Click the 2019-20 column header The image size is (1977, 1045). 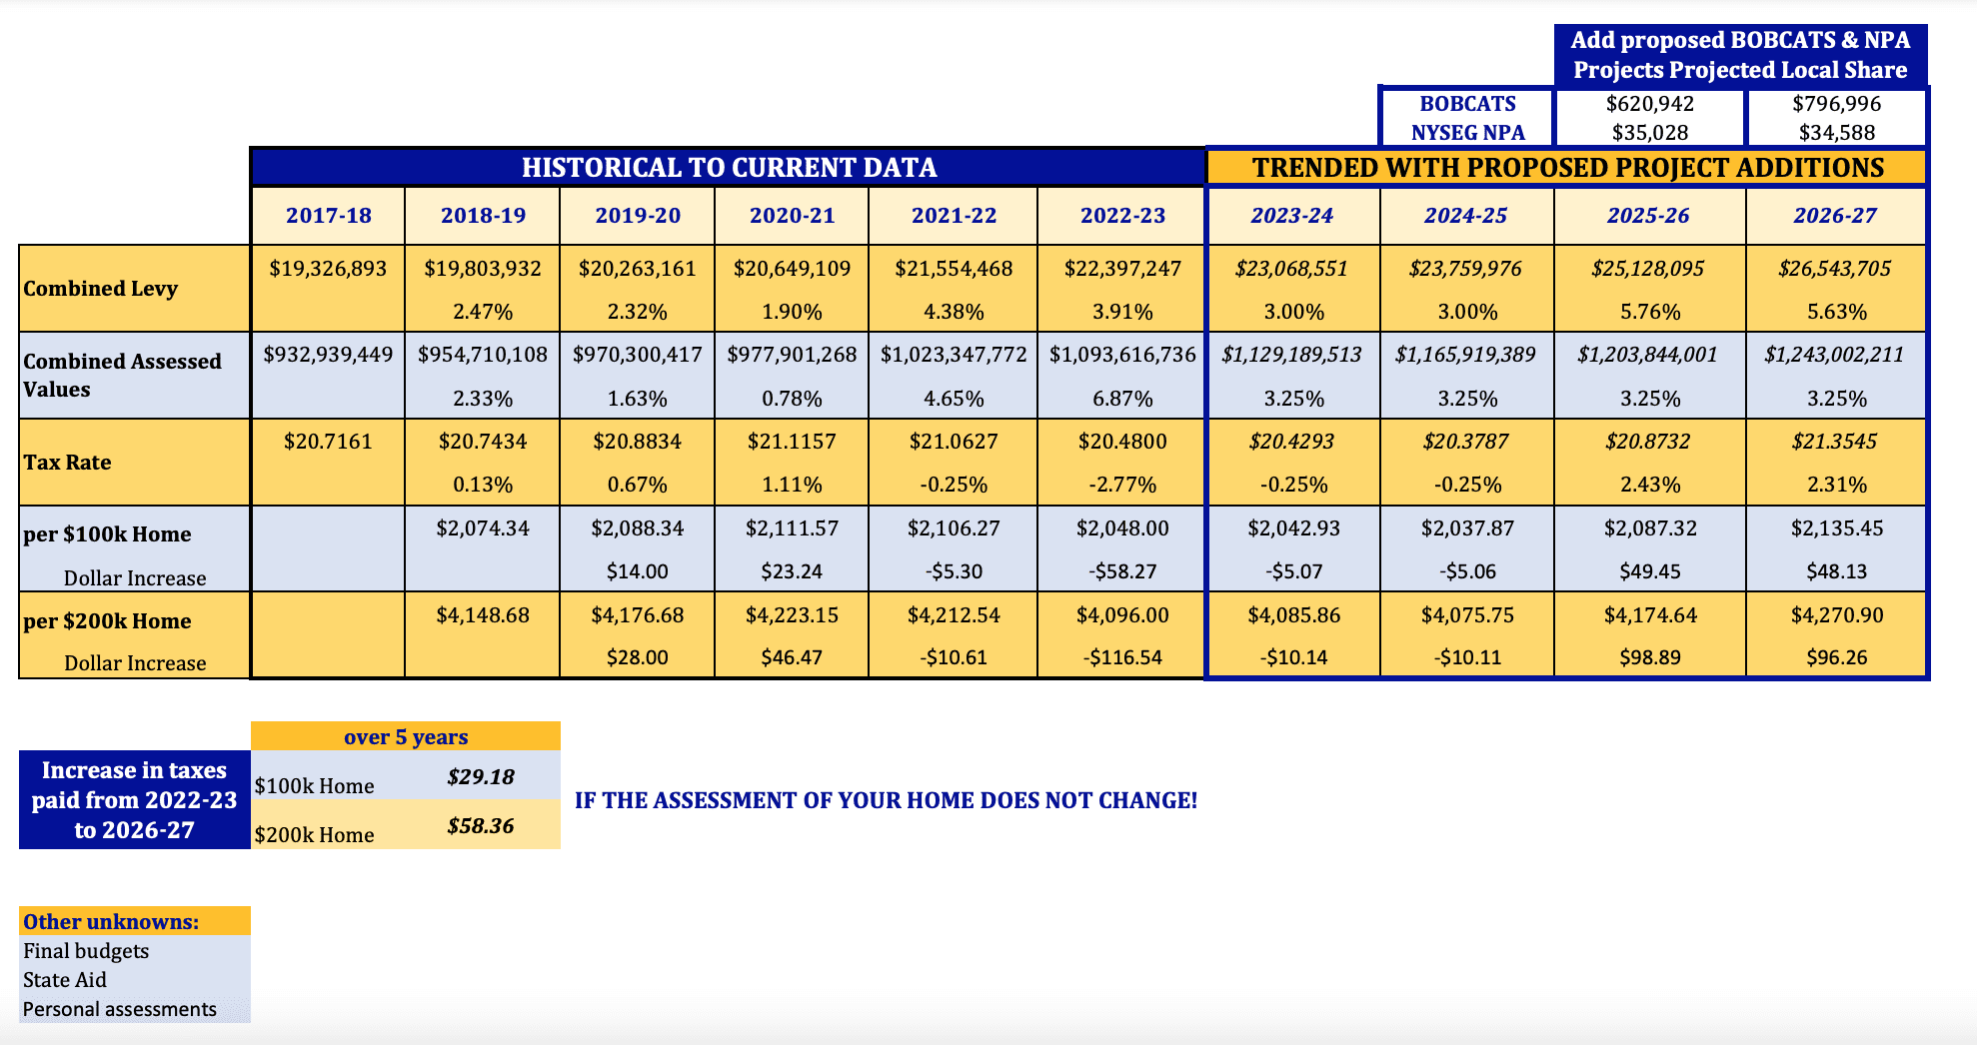[638, 216]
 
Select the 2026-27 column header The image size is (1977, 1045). [1835, 216]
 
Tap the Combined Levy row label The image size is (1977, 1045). [101, 289]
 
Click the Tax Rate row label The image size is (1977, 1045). [68, 463]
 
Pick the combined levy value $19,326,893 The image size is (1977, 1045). [328, 269]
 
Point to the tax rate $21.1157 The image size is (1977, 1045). [792, 442]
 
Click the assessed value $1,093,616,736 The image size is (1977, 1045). [1122, 355]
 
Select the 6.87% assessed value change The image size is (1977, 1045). [1122, 399]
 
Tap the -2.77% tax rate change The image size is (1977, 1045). [1122, 485]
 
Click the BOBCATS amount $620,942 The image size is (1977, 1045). [1649, 104]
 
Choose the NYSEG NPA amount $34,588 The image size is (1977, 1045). [1836, 133]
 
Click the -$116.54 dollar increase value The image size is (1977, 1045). [1122, 657]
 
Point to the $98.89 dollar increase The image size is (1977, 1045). [1650, 657]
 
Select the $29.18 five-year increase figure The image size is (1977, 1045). [481, 777]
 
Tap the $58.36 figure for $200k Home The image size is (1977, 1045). [481, 826]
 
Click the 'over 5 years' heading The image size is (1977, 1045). [406, 737]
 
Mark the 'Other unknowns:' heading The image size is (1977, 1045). [111, 922]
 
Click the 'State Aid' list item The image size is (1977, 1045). [65, 980]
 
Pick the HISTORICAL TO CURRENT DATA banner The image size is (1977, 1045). [729, 168]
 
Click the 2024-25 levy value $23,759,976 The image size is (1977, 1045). [1465, 269]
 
